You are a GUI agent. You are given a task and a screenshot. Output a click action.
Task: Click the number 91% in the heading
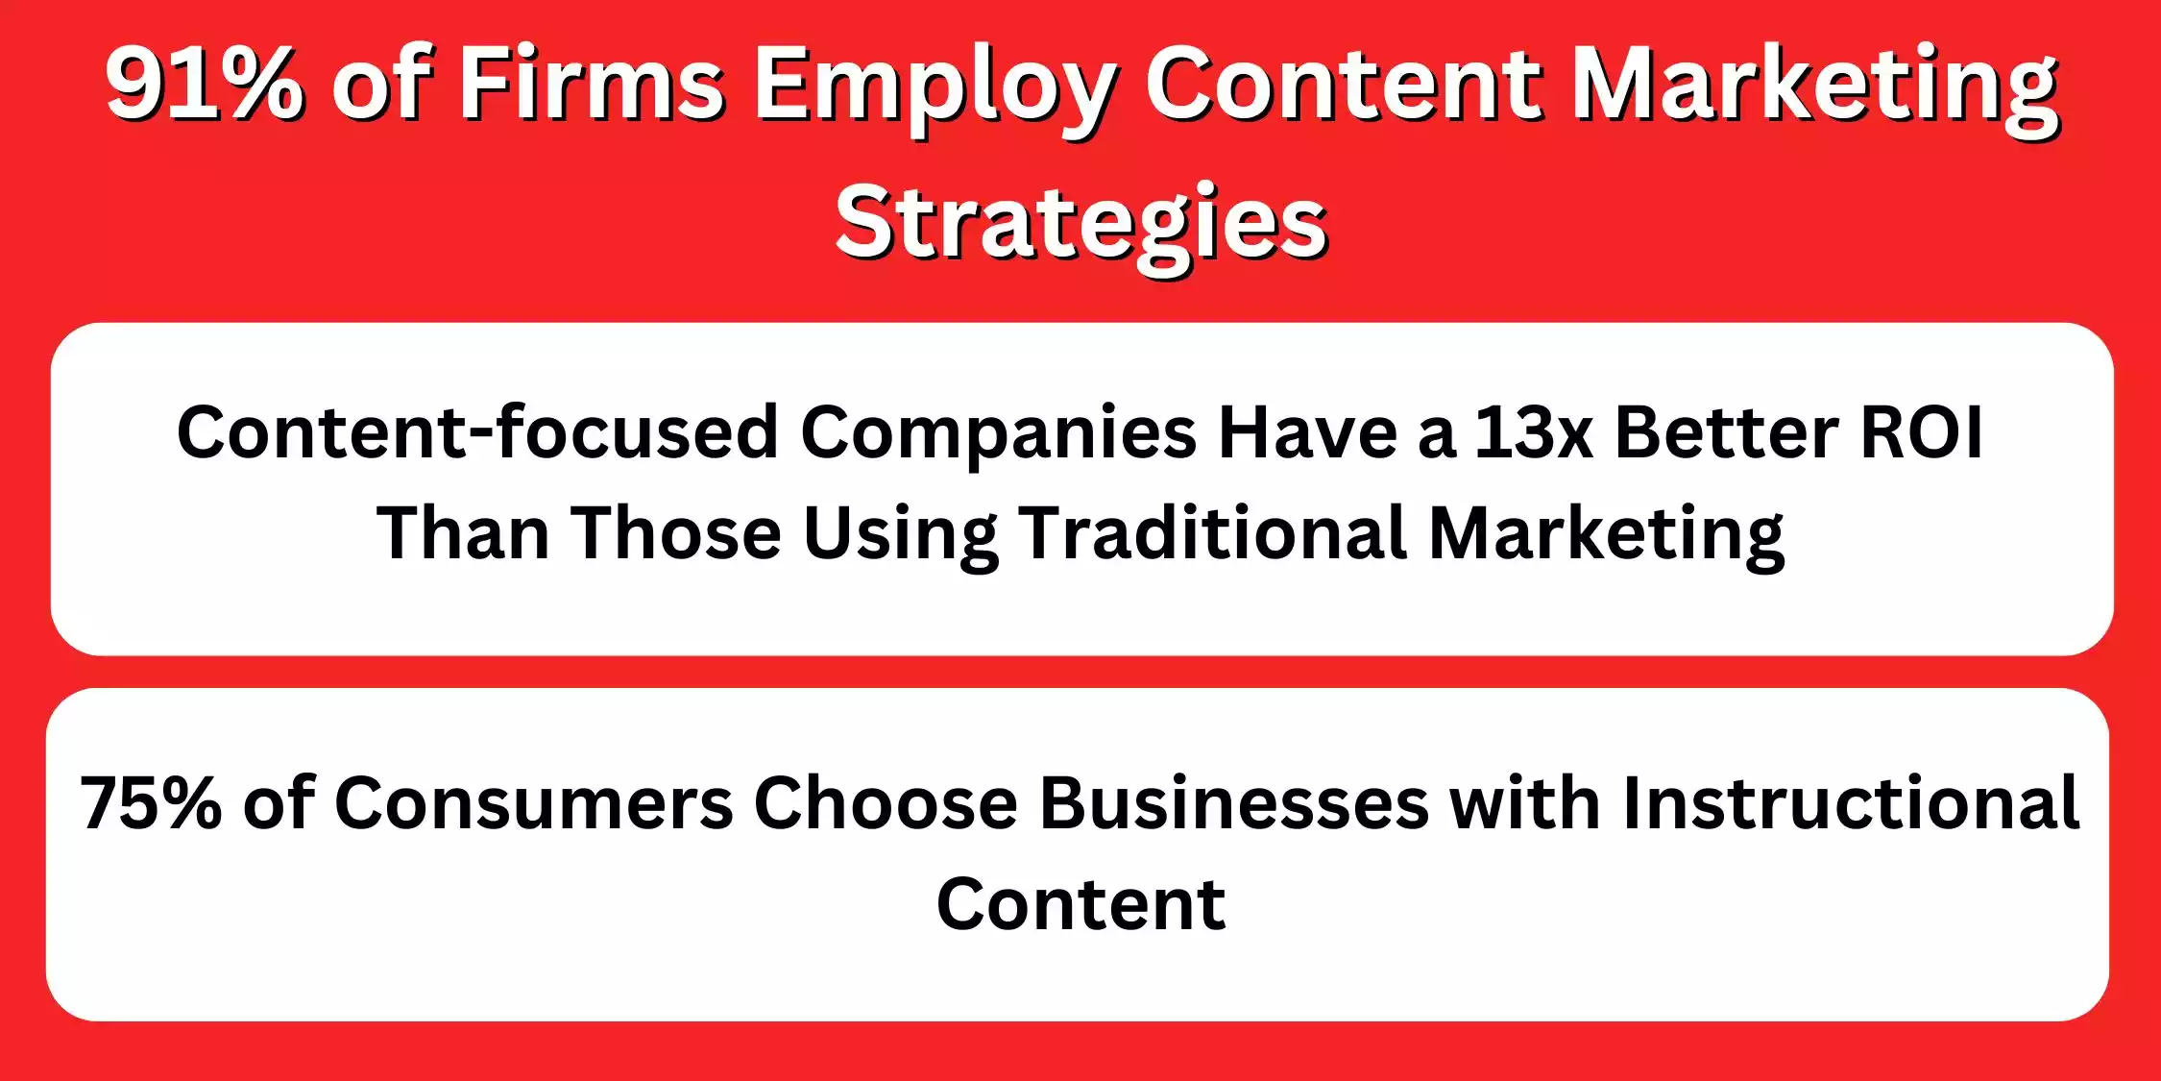point(204,85)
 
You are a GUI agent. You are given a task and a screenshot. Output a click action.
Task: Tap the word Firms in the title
point(592,85)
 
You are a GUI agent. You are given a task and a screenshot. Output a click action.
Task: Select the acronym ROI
point(1922,432)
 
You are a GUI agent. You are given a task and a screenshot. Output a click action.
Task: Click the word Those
point(676,533)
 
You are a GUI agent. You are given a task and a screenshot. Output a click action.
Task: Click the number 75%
point(150,803)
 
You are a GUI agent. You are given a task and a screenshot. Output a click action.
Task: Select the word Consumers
point(533,803)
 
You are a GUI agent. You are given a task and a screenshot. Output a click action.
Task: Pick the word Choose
point(885,803)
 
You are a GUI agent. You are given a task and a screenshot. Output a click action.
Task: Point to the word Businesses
point(1234,803)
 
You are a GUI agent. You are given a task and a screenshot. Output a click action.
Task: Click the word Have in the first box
point(1307,432)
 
